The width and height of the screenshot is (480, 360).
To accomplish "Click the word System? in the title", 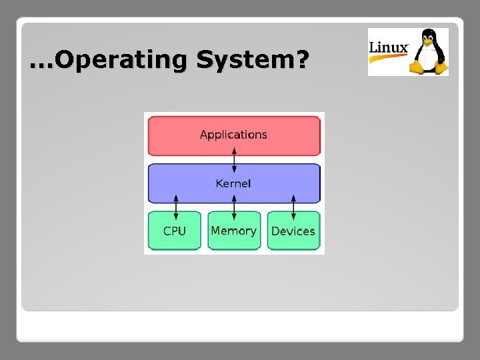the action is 253,61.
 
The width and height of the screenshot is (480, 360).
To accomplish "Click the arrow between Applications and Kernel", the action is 234,159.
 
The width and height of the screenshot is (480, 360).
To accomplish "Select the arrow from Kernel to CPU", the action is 175,207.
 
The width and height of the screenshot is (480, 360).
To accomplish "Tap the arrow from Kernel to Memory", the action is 234,207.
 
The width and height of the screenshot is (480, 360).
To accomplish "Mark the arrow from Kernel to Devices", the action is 293,207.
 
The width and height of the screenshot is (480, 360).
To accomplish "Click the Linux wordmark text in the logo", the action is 389,48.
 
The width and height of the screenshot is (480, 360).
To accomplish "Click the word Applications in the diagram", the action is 233,135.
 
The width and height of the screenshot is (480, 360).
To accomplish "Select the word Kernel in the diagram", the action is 233,183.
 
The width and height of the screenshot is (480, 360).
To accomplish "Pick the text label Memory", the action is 233,231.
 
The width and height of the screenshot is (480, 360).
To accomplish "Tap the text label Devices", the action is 293,231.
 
